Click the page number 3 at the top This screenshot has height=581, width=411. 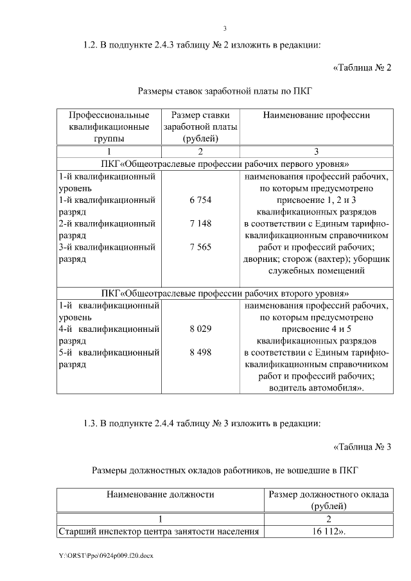[x=225, y=28]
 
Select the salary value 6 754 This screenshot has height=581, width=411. [x=200, y=200]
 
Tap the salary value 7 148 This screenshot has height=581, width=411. [x=200, y=224]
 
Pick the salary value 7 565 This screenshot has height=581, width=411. [x=200, y=247]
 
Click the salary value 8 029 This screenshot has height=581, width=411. [x=200, y=329]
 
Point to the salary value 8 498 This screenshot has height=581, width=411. [x=200, y=352]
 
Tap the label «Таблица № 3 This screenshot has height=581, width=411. [x=362, y=447]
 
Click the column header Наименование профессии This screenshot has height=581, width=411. [x=316, y=116]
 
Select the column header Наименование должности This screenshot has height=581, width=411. [x=161, y=495]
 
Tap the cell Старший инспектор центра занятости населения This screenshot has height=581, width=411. [x=159, y=532]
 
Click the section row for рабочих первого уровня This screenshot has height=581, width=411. [x=225, y=164]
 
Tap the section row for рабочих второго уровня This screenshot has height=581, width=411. [x=225, y=293]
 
